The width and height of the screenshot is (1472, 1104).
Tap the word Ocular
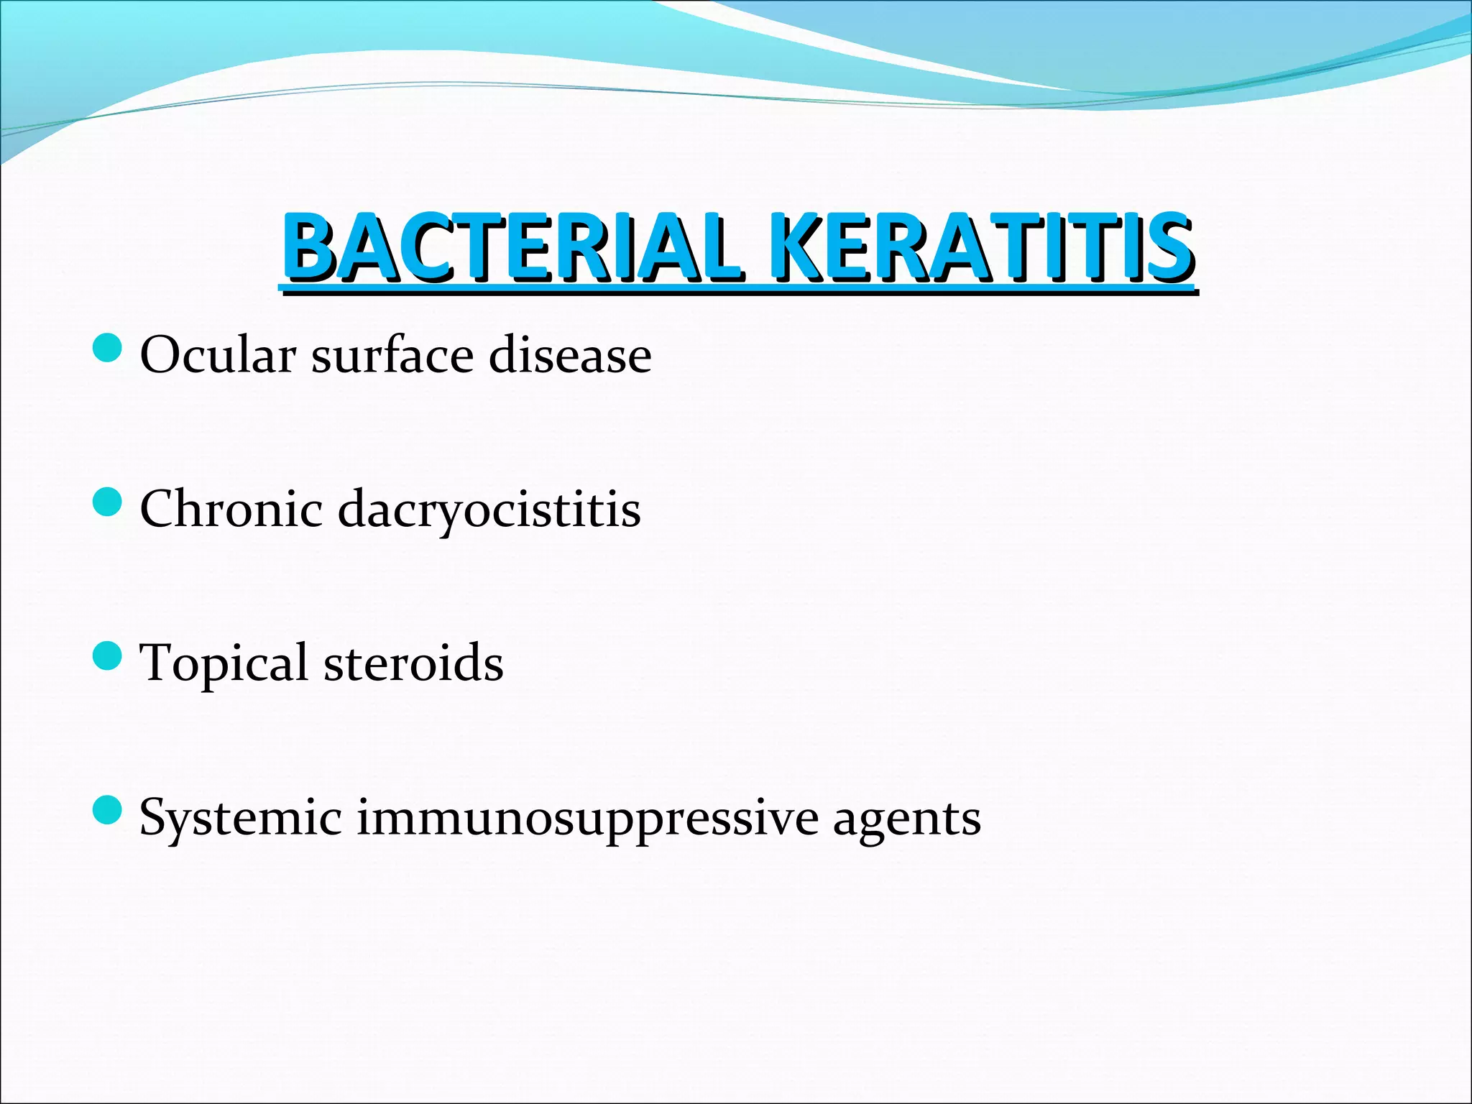pyautogui.click(x=218, y=355)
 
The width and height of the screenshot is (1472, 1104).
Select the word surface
pyautogui.click(x=392, y=355)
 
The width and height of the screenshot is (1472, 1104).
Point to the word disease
pyautogui.click(x=570, y=355)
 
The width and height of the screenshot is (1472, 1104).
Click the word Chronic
pyautogui.click(x=231, y=509)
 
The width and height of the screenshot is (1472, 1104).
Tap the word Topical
pyautogui.click(x=224, y=663)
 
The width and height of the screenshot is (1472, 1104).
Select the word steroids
pyautogui.click(x=413, y=663)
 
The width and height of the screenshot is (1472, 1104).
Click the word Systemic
pyautogui.click(x=240, y=818)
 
